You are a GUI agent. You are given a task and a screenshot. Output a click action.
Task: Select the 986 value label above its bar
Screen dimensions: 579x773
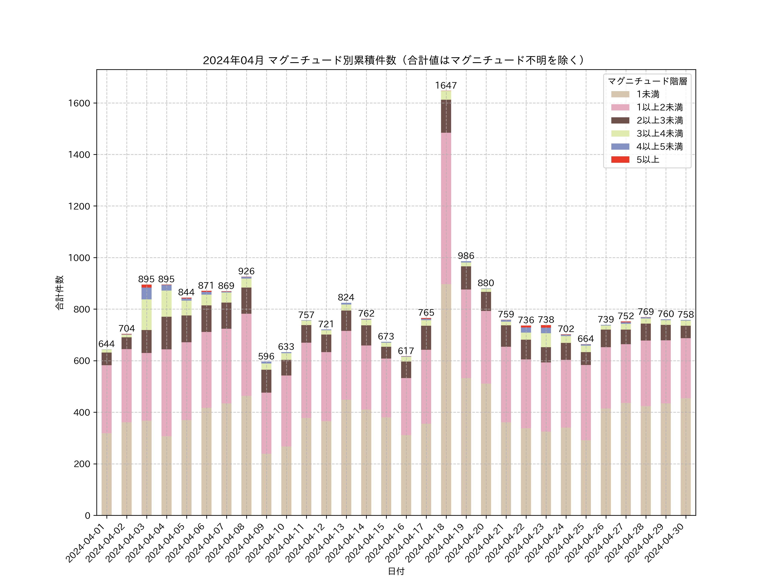click(x=466, y=256)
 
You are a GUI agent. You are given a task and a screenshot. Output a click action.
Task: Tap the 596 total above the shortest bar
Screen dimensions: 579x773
click(x=266, y=356)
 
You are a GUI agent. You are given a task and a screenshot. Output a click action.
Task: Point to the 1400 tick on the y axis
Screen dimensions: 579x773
click(x=79, y=155)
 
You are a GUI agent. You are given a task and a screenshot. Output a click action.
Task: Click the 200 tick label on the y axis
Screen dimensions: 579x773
click(x=82, y=464)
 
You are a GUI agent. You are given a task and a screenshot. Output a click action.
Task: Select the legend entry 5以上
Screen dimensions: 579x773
click(x=648, y=160)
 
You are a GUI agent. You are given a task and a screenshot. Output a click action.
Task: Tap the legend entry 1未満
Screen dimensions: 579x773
click(x=648, y=94)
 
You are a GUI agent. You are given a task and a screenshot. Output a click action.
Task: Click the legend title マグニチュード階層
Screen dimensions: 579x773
click(x=647, y=81)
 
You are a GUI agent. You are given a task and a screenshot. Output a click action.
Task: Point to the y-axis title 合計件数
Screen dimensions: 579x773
click(x=59, y=293)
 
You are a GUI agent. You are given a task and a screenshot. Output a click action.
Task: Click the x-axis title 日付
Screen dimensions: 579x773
click(x=396, y=571)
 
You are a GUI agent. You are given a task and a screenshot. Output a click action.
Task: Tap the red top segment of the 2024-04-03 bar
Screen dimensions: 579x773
click(x=146, y=286)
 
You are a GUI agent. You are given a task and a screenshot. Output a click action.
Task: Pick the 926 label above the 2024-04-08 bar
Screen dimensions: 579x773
click(x=246, y=271)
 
